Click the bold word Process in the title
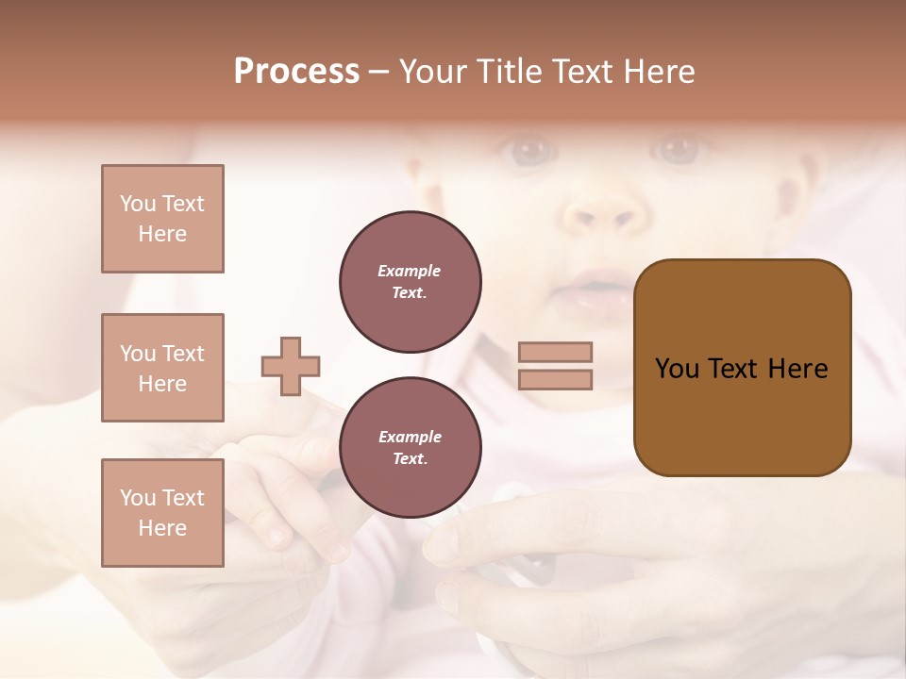[296, 72]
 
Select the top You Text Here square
[162, 219]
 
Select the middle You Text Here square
[162, 368]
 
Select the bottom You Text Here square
[162, 512]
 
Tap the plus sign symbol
[291, 366]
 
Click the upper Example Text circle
[411, 282]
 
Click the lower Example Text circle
[411, 448]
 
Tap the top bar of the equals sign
[555, 352]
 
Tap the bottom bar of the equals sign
[555, 379]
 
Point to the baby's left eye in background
[679, 149]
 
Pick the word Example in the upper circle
[410, 272]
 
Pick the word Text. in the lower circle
[410, 459]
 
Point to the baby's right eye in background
[529, 149]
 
